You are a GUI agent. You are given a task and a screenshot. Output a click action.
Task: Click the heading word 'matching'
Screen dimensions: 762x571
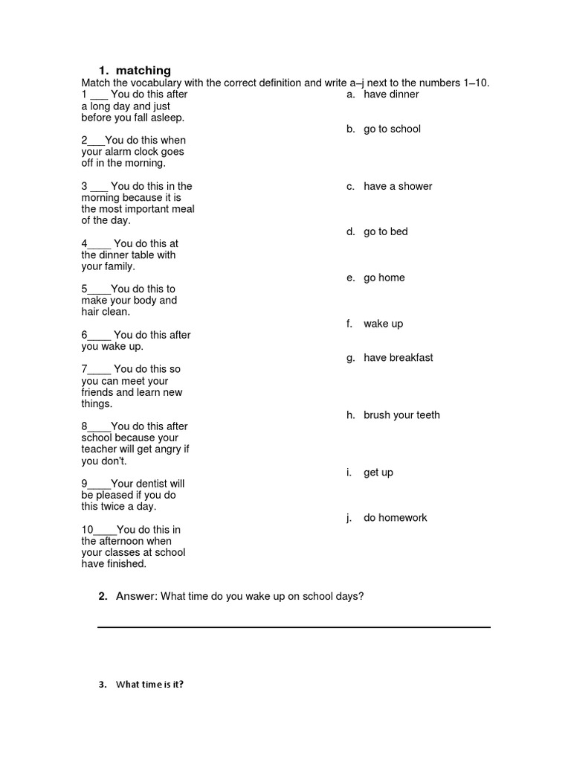[x=143, y=71]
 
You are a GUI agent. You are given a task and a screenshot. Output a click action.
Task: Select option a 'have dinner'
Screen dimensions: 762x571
[x=391, y=95]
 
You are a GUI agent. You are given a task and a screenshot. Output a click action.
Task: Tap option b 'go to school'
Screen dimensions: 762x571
[x=392, y=129]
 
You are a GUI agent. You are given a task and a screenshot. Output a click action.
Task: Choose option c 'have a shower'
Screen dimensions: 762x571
[x=398, y=186]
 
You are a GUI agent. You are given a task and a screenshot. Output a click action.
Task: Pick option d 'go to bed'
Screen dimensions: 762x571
[x=386, y=231]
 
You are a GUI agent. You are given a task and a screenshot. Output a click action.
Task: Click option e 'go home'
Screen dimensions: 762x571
[x=384, y=278]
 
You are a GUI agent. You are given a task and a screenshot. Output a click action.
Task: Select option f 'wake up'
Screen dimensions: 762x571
[x=383, y=324]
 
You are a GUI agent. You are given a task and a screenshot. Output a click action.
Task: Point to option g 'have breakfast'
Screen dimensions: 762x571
[x=398, y=358]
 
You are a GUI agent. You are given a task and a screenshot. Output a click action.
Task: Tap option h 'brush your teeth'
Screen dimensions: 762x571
[x=401, y=415]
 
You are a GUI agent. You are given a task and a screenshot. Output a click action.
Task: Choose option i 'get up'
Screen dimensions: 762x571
[x=378, y=473]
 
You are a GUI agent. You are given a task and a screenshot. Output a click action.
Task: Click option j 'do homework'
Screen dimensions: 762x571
[x=395, y=518]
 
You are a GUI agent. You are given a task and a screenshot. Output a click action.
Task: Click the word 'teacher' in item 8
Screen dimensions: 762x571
[x=100, y=449]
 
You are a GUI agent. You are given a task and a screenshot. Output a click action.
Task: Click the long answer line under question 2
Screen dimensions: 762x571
[x=294, y=627]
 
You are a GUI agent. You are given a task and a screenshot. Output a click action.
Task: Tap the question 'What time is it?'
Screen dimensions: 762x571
[x=149, y=685]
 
